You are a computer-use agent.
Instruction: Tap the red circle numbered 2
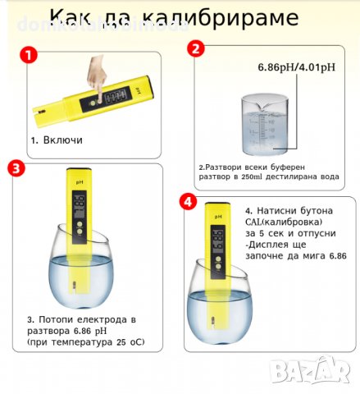(195, 48)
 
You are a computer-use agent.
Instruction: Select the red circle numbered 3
(16, 169)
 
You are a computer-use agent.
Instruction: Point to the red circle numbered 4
(188, 201)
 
